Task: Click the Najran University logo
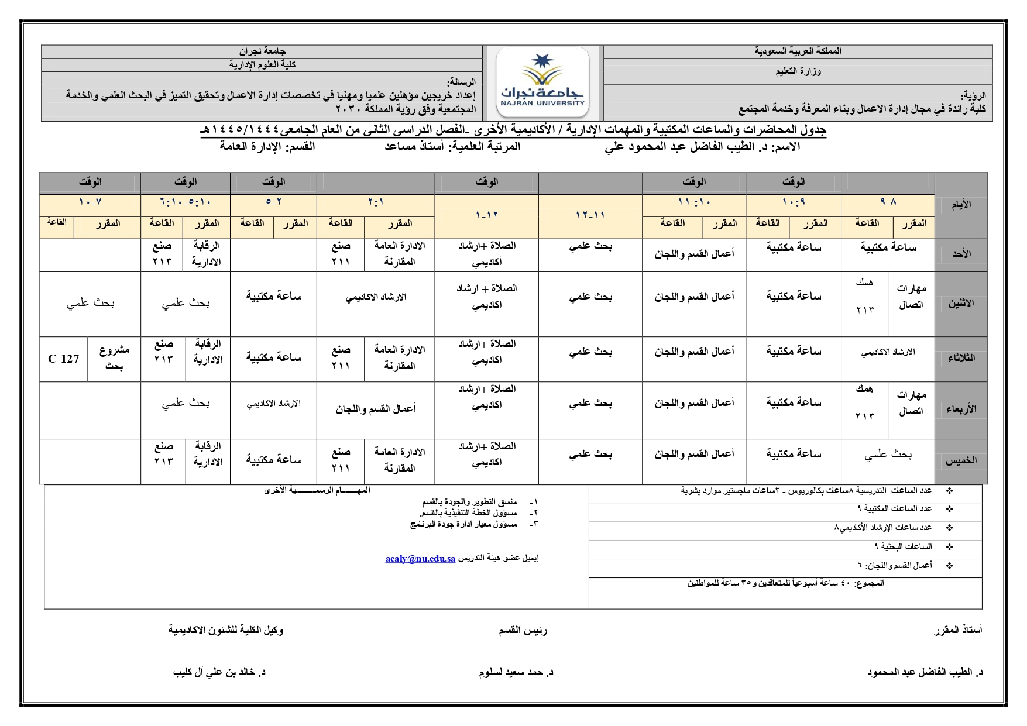[542, 83]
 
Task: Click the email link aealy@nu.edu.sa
[420, 559]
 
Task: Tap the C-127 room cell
[63, 359]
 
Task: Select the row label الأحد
[961, 254]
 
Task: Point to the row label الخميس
[961, 461]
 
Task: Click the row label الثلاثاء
[961, 358]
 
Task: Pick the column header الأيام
[961, 204]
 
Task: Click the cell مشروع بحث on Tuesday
[114, 358]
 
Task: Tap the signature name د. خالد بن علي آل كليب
[219, 672]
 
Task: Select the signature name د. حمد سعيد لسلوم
[516, 672]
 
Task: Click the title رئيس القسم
[523, 630]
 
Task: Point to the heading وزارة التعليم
[798, 71]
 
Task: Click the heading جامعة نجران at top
[262, 51]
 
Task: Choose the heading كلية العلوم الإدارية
[262, 64]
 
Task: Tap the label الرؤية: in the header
[973, 95]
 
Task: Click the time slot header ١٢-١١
[590, 215]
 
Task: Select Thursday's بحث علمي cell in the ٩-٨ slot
[888, 455]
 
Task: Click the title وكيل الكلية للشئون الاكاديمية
[226, 630]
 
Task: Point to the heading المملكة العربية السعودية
[798, 51]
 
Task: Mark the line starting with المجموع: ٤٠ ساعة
[785, 583]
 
